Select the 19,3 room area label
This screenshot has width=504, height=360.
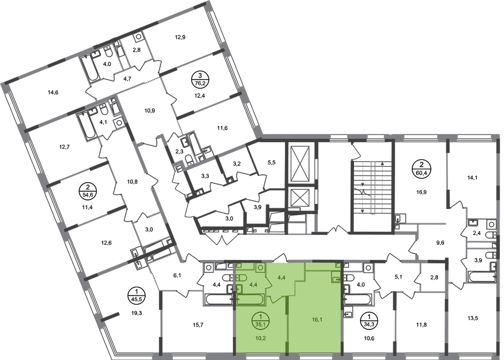point(137,312)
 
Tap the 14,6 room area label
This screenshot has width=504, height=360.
point(53,93)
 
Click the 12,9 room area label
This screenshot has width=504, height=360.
point(181,37)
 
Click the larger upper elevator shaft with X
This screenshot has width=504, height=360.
point(300,164)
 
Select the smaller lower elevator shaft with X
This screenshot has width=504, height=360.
point(300,197)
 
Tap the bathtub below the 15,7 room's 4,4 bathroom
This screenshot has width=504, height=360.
point(218,300)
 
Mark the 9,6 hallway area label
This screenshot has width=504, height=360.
point(440,243)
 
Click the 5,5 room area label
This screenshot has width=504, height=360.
point(272,163)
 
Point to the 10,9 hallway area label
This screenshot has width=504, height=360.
point(150,111)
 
